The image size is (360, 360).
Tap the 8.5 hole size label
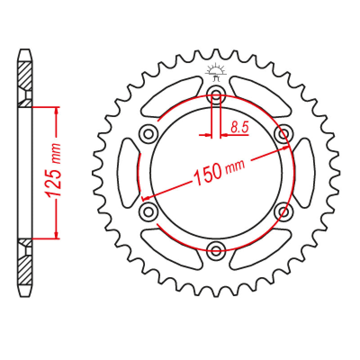tap(239, 128)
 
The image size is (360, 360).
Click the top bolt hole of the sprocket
tap(216, 94)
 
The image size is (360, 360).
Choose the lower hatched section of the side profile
tap(25, 270)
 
